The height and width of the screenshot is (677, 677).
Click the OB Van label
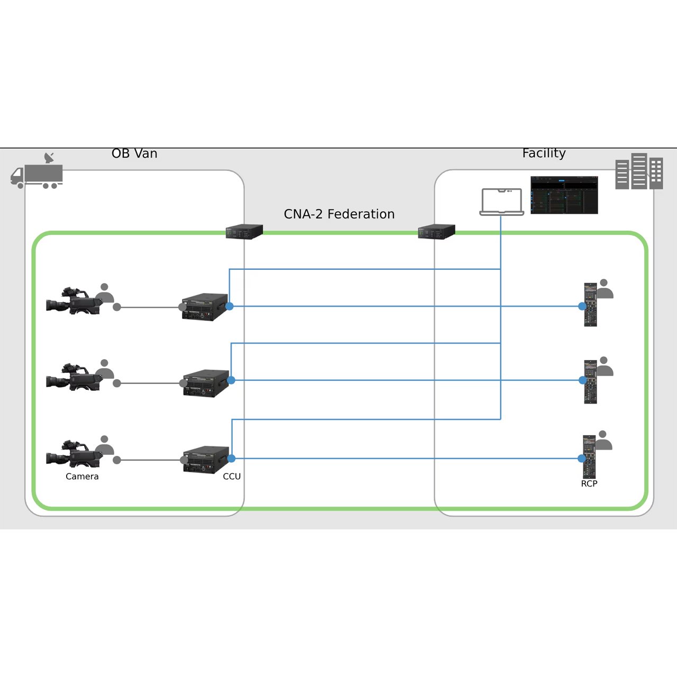[x=134, y=153]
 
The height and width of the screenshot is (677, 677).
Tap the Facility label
[x=544, y=153]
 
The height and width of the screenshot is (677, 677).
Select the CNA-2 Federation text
[x=339, y=214]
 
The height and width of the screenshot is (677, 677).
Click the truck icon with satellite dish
[x=37, y=172]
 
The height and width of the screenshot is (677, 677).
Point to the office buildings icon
[x=639, y=171]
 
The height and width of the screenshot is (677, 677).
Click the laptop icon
[x=501, y=202]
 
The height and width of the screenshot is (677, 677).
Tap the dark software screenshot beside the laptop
[x=564, y=195]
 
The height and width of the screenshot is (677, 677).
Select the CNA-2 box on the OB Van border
[x=244, y=232]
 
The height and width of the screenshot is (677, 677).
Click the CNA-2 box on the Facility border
[x=436, y=232]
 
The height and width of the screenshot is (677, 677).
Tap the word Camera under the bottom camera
[x=82, y=476]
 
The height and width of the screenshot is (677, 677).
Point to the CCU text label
[x=232, y=476]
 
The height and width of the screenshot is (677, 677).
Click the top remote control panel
[x=590, y=305]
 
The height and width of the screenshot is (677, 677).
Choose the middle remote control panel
[x=590, y=381]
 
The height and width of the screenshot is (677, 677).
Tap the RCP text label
[x=589, y=483]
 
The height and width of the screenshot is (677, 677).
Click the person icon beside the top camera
[x=105, y=294]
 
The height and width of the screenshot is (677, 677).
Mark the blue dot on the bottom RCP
[x=582, y=459]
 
